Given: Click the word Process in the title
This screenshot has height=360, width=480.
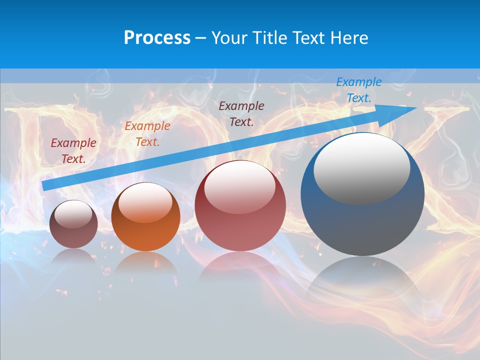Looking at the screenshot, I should click(157, 38).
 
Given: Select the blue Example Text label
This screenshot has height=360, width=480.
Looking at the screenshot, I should click(358, 90).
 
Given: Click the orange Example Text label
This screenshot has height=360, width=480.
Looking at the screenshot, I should click(147, 134).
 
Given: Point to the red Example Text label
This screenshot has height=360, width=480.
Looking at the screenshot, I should click(73, 151).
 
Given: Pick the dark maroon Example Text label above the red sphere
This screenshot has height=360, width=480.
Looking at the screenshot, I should click(241, 114).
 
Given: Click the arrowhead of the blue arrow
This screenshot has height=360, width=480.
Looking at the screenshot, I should click(407, 110).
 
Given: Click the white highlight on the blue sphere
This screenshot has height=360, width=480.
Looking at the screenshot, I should click(361, 168).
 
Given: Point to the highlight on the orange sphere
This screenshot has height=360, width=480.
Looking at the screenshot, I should click(145, 202).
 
